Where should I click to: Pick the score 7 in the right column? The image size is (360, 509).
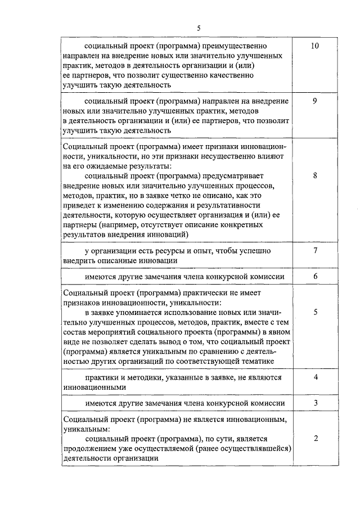pos(315,250)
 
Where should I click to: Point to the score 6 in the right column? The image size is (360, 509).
pos(315,276)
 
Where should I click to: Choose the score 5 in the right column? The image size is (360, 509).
pos(315,312)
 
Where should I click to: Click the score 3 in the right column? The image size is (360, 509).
pos(315,403)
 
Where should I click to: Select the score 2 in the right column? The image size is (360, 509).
pos(315,438)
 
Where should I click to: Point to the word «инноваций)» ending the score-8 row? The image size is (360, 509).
pos(169,234)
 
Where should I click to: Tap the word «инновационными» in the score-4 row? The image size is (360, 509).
pos(91,387)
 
